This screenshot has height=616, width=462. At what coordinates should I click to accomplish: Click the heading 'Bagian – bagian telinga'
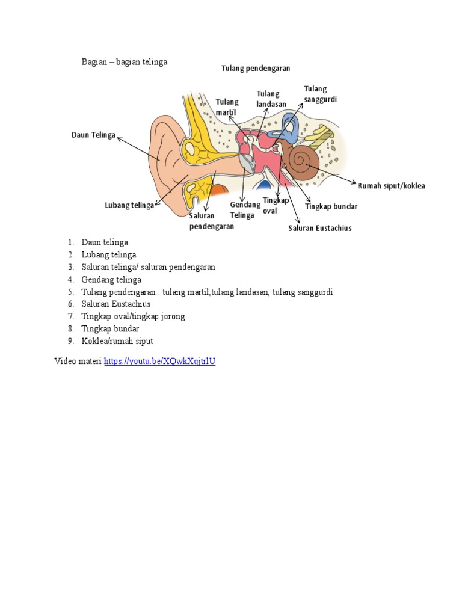pos(125,62)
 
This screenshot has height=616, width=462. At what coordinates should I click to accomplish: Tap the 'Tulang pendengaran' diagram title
pos(256,69)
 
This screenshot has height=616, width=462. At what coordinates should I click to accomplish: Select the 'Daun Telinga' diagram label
pos(93,135)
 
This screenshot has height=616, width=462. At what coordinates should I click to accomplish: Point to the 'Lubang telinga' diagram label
pos(129,206)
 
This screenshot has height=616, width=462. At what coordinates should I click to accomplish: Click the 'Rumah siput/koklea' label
pos(391,186)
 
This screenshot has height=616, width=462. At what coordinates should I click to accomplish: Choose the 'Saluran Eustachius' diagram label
pos(319,229)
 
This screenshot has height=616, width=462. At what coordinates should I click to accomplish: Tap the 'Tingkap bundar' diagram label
pos(331,206)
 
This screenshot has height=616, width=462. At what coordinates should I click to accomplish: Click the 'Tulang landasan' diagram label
pos(271,99)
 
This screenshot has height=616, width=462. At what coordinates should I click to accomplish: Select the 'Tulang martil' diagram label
pos(227,107)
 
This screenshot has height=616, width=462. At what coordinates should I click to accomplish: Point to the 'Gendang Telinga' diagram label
pos(245,210)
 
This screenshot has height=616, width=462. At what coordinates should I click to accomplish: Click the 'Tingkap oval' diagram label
pos(276,205)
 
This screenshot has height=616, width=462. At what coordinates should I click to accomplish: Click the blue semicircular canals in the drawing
pos(291,125)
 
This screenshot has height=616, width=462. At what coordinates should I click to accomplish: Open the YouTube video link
pos(159,362)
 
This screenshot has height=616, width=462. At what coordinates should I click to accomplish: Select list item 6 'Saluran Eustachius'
pos(116,304)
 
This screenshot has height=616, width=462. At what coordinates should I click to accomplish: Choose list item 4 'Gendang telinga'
pos(111,280)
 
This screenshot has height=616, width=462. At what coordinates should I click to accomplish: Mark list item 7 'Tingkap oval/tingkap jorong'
pos(133,316)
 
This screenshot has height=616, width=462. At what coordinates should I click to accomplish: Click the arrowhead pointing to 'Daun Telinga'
pos(119,138)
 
